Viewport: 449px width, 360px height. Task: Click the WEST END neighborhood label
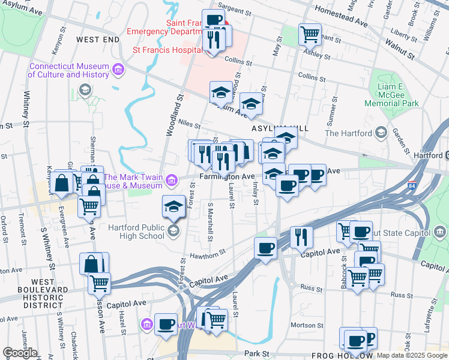tap(98, 39)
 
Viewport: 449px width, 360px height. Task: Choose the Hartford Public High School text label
tap(128, 232)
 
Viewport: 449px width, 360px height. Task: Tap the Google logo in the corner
tap(20, 353)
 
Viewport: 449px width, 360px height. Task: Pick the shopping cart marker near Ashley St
tap(310, 34)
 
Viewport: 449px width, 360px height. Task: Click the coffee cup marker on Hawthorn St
tap(265, 248)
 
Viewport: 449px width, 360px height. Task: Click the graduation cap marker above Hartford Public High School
tap(173, 206)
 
